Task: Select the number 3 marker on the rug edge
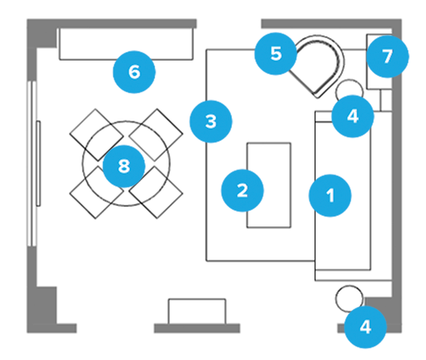coord(209,121)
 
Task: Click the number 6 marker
coord(135,71)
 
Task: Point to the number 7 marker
coord(387,56)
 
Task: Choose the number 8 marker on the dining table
coord(123,166)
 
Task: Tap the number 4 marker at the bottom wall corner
coord(365,327)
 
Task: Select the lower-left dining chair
coord(91,194)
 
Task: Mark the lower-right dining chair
coord(156,194)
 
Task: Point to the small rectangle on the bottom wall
coord(197,310)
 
